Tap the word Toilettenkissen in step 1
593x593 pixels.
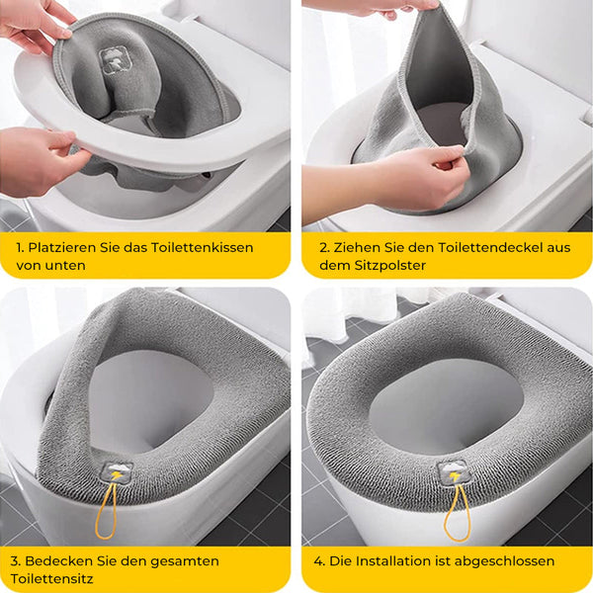pyautogui.click(x=202, y=248)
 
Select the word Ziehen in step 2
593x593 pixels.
pyautogui.click(x=357, y=248)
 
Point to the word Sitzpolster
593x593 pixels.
pyautogui.click(x=390, y=266)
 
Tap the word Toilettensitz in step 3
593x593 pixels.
pyautogui.click(x=51, y=579)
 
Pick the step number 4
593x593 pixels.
pyautogui.click(x=319, y=561)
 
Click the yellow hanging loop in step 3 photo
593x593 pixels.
pyautogui.click(x=107, y=511)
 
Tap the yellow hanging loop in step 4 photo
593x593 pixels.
pyautogui.click(x=457, y=512)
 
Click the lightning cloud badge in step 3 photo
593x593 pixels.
pyautogui.click(x=117, y=473)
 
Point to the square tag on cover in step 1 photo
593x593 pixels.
pyautogui.click(x=113, y=58)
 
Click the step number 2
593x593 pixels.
pyautogui.click(x=324, y=248)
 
